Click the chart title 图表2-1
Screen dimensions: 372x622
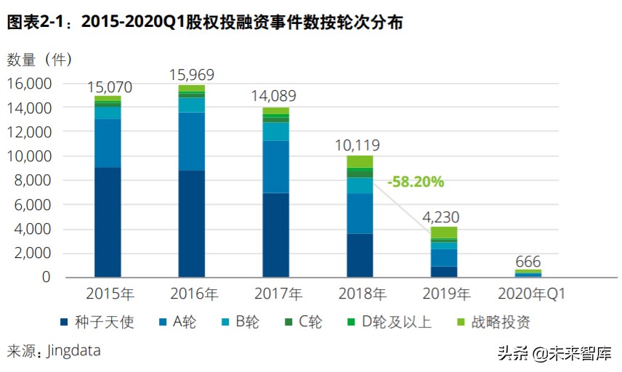point(204,23)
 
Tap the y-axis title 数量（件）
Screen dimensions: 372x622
point(40,59)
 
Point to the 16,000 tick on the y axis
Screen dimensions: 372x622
point(30,84)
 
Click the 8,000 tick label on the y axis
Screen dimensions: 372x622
point(34,180)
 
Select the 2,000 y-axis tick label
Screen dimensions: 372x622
point(34,253)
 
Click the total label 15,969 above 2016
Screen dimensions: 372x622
point(191,74)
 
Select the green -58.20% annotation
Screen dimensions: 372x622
point(415,182)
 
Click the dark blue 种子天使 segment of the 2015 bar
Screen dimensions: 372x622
point(108,222)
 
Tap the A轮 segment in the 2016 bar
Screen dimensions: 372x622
point(191,141)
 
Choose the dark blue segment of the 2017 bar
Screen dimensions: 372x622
point(275,234)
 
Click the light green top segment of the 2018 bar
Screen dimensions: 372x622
point(359,161)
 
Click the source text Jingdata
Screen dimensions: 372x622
point(73,351)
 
